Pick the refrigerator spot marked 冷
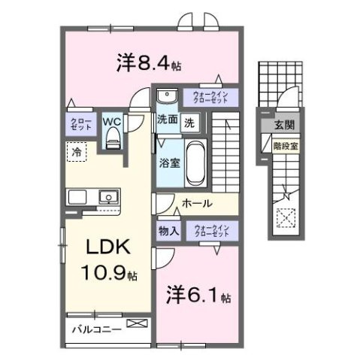[x=76, y=151]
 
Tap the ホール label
[x=197, y=203]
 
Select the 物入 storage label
[x=168, y=231]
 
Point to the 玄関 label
[x=283, y=124]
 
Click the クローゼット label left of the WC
[x=82, y=125]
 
